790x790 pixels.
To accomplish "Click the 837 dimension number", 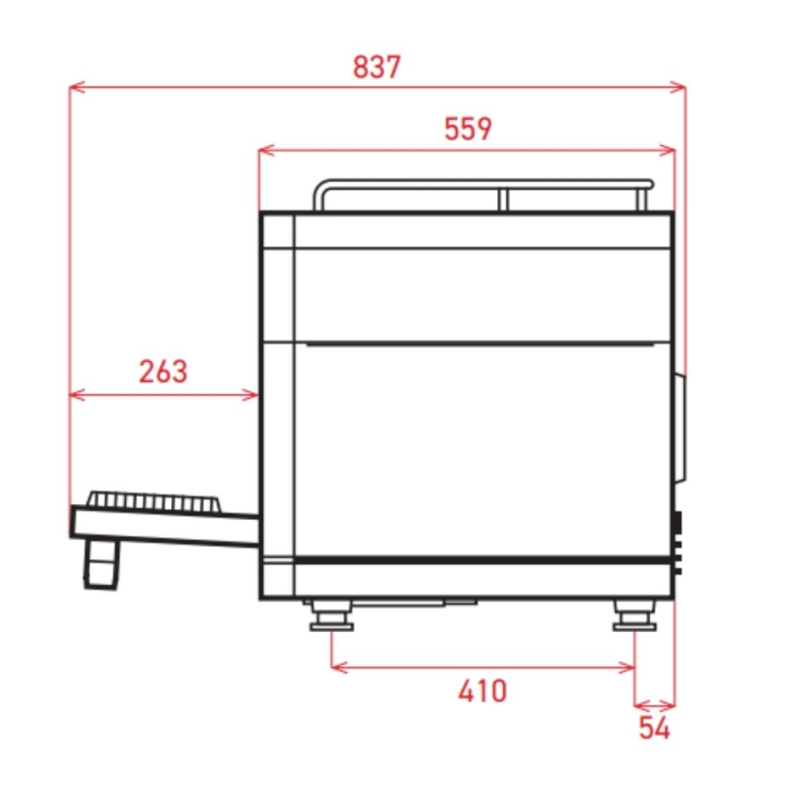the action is coord(377,67).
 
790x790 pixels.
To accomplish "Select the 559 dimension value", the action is coord(467,129).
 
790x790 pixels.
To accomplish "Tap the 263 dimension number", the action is coord(163,371).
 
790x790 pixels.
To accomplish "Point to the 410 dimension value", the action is coord(482,690).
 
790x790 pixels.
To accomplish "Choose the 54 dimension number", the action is coord(655,728).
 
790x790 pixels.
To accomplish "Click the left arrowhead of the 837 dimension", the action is coord(77,87).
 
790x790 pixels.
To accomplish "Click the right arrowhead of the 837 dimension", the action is coord(678,87).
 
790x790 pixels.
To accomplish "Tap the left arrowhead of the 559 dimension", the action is coord(266,150).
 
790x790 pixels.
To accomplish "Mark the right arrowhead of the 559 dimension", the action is coord(667,150).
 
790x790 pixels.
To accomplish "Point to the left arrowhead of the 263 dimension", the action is coord(77,394).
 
